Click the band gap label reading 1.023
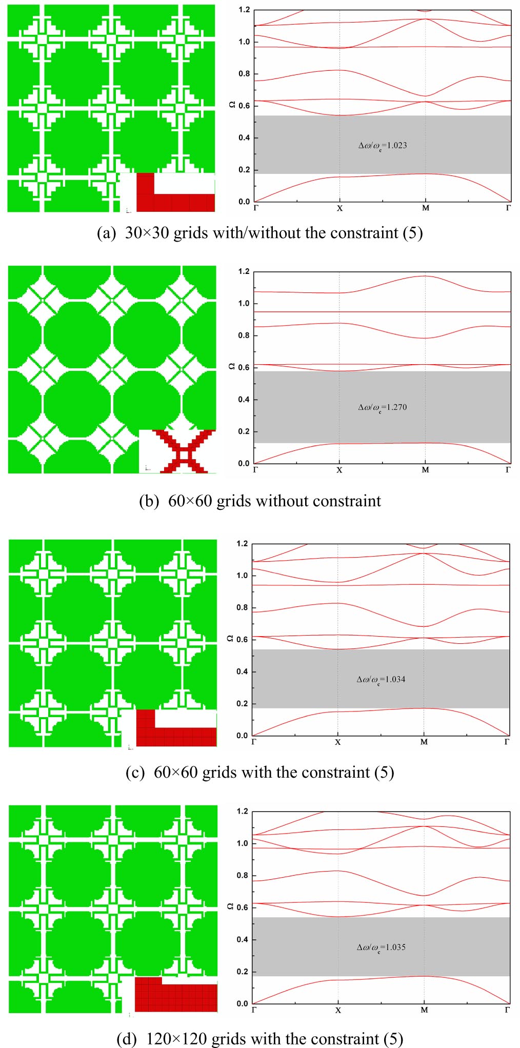click(x=383, y=146)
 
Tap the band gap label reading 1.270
click(x=383, y=407)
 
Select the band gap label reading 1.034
click(x=381, y=680)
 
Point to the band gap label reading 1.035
click(x=381, y=947)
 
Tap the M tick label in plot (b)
click(x=425, y=470)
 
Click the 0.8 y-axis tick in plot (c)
click(x=242, y=608)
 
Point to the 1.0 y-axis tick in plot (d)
click(x=242, y=843)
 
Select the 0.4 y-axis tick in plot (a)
click(x=244, y=138)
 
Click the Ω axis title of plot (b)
click(x=232, y=366)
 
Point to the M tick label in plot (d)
click(x=424, y=1010)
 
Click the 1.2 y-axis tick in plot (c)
click(x=242, y=544)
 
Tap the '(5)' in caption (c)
click(x=384, y=772)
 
